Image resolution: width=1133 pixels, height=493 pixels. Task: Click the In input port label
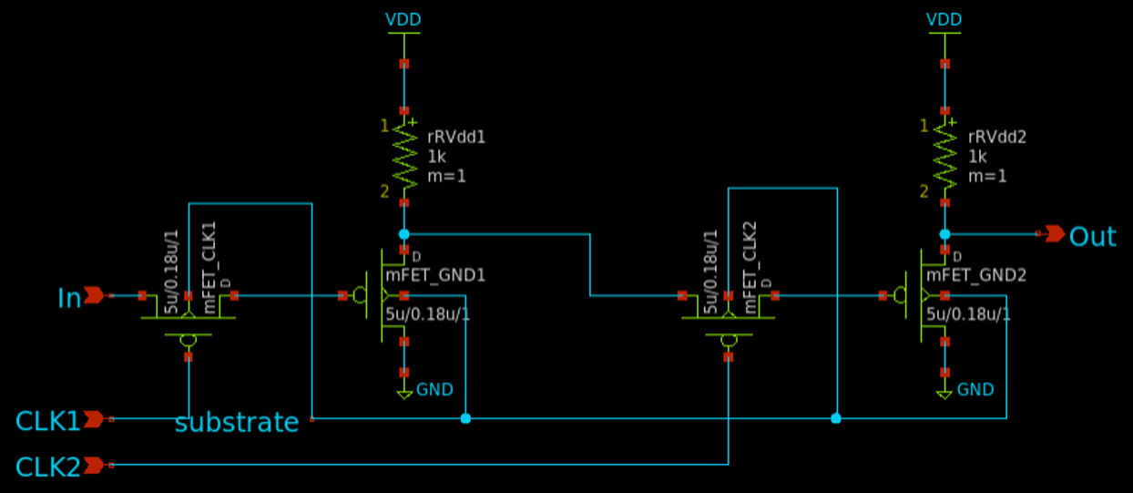point(69,298)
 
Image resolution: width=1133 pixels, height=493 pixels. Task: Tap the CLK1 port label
point(47,421)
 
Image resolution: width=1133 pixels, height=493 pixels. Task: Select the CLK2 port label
point(47,467)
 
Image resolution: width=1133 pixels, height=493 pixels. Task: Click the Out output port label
point(1093,236)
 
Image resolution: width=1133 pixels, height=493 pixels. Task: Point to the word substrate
point(237,422)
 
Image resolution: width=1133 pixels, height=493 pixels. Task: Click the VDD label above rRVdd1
point(403,20)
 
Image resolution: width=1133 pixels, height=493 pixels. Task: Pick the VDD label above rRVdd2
point(944,20)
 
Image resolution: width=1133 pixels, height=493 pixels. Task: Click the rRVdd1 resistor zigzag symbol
point(404,157)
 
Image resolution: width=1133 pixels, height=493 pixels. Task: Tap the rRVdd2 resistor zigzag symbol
point(944,157)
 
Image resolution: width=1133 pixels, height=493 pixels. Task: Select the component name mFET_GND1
point(435,276)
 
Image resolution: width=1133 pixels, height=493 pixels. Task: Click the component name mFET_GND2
point(976,276)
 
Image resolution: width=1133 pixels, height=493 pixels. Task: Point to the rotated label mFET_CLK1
point(209,267)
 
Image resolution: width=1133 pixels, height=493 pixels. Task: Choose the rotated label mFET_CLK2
point(750,267)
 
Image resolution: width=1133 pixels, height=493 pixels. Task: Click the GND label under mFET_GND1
point(434,390)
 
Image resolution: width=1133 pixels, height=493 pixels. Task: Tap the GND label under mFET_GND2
point(975,390)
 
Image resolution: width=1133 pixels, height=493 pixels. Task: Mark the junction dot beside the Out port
point(944,234)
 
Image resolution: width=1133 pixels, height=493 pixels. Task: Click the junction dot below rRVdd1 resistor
point(404,234)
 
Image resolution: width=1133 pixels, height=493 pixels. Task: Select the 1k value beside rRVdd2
point(977,157)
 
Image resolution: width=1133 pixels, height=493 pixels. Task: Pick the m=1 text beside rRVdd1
point(446,177)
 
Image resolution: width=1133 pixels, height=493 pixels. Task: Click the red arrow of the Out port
point(1055,234)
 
